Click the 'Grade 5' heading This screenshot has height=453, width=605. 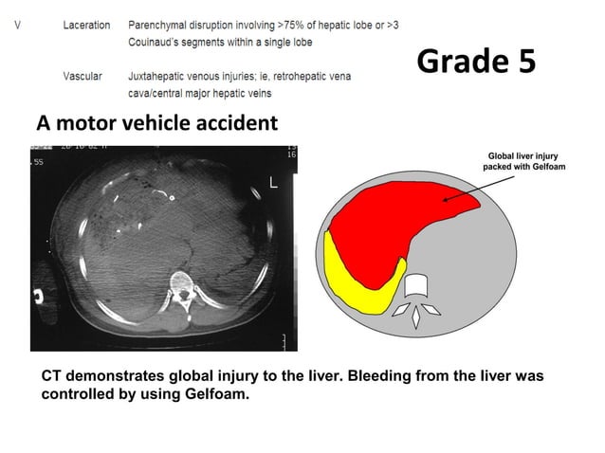(476, 62)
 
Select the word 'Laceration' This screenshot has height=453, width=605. (86, 25)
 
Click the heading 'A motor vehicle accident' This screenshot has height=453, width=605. (156, 123)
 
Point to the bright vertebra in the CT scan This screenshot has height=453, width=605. (180, 286)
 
